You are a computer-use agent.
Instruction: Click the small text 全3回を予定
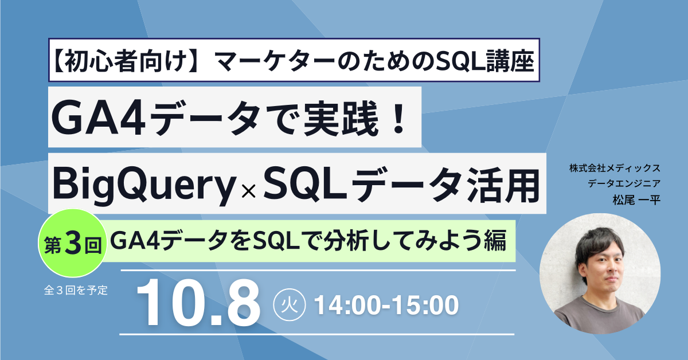click(75, 289)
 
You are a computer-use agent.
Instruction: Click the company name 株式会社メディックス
click(615, 169)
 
